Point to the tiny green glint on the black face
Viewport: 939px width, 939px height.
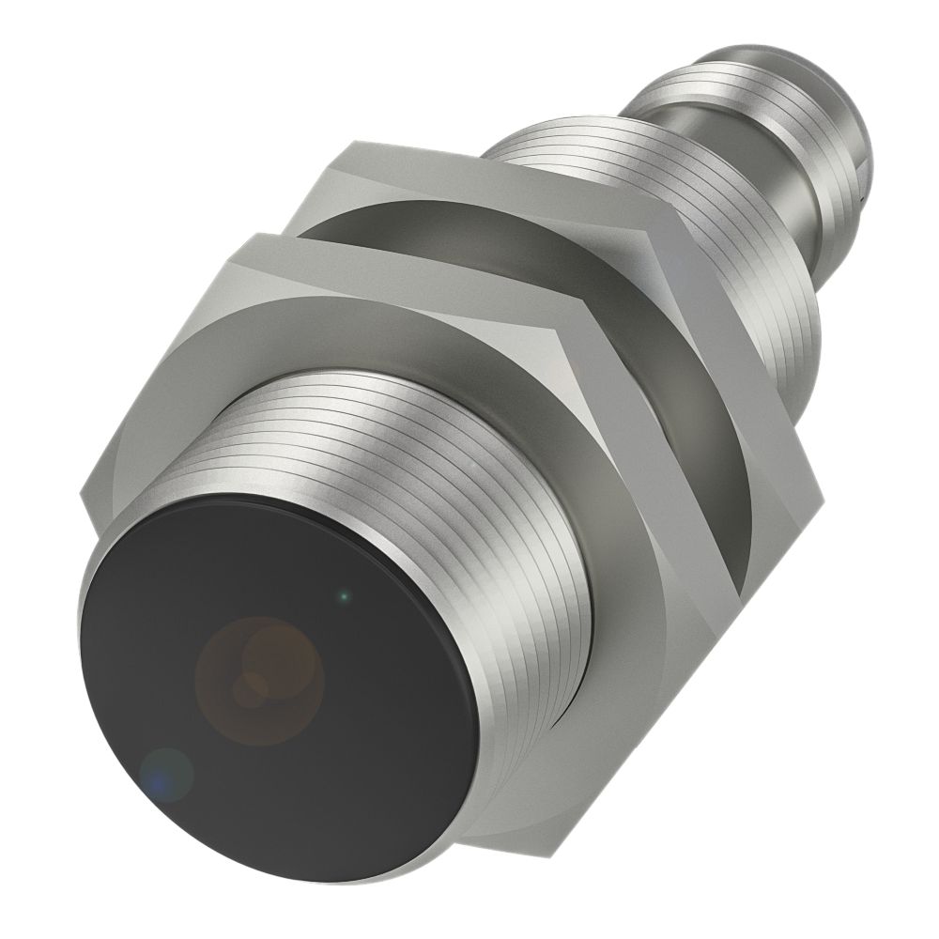pyautogui.click(x=345, y=594)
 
